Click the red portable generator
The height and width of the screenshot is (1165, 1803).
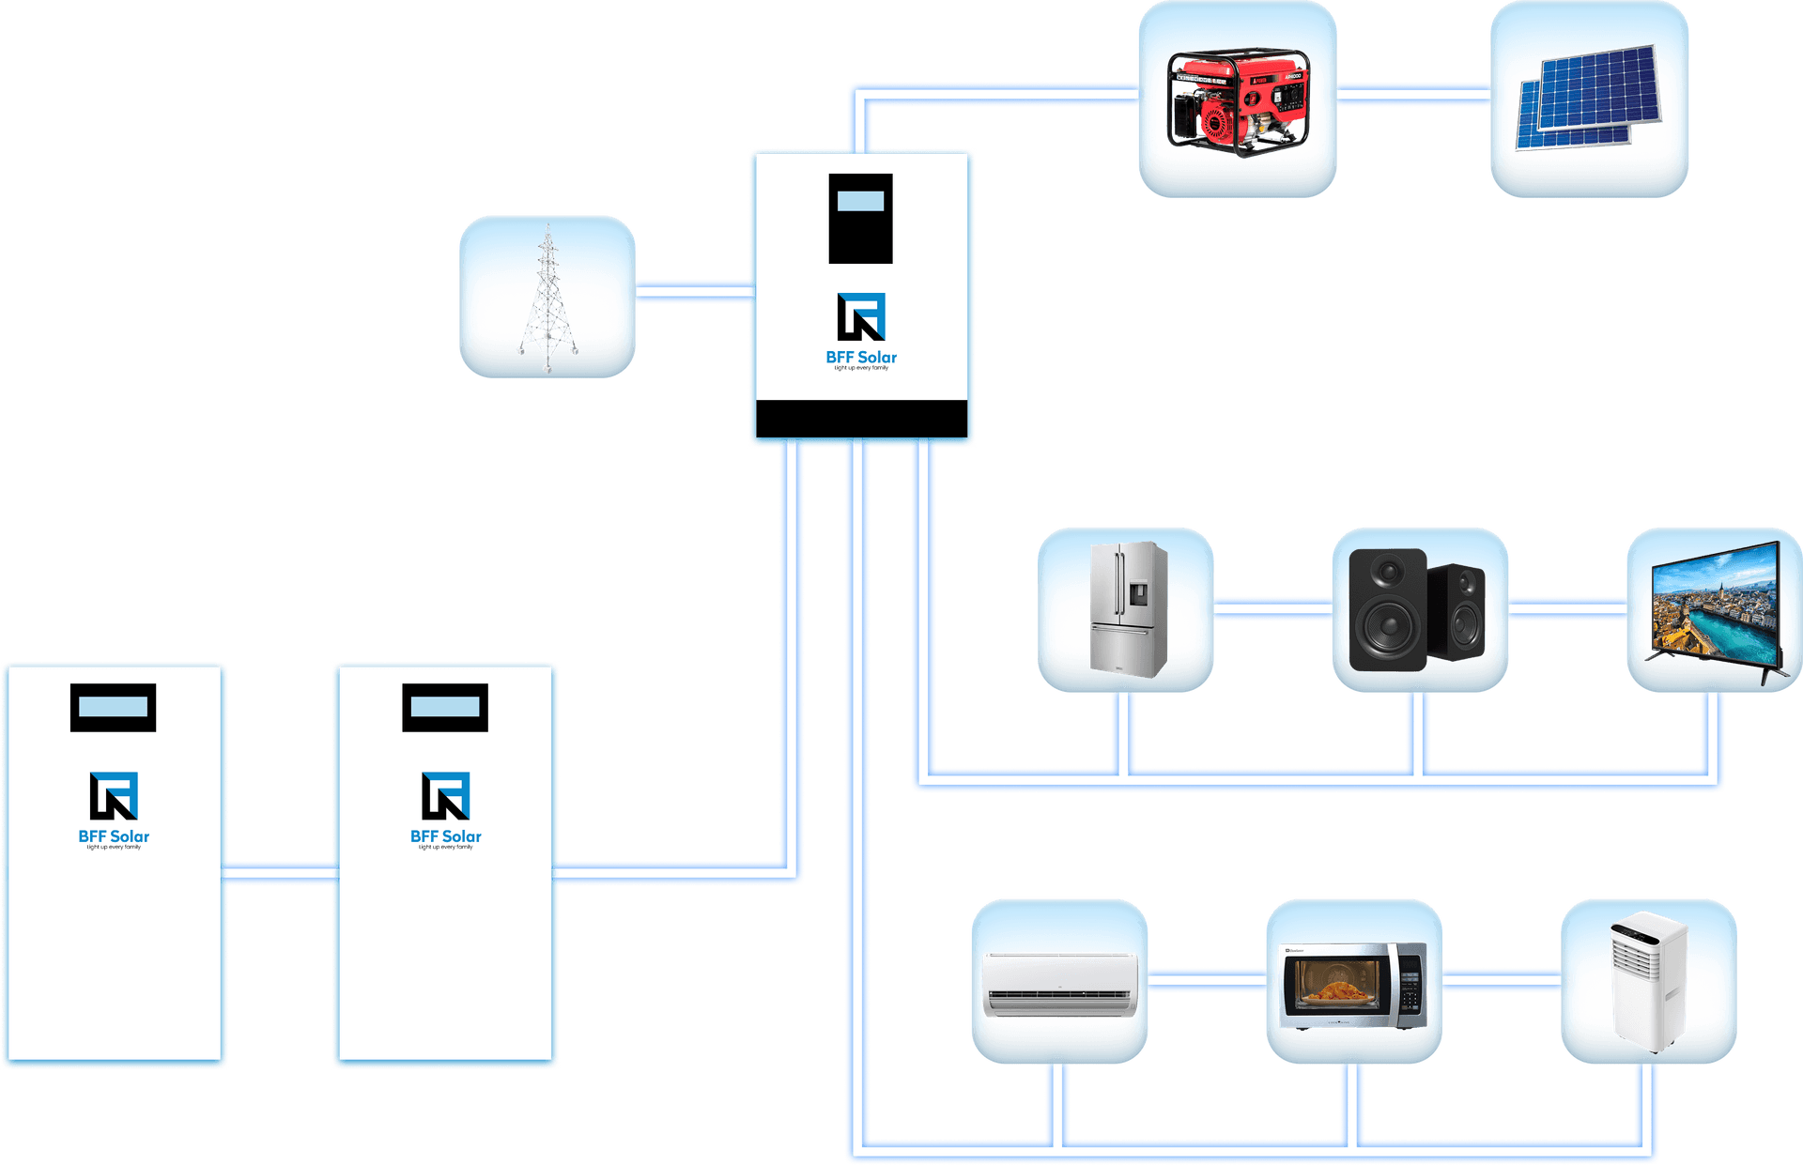1238,101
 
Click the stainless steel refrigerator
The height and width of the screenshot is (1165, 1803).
1127,607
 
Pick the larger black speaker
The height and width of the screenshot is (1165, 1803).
1389,610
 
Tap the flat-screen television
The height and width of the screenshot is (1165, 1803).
1715,608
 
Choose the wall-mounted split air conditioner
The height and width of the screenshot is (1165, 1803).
1059,984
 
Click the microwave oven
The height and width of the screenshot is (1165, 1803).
1353,986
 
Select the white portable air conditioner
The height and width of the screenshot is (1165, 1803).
1648,980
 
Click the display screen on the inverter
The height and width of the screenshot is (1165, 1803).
860,201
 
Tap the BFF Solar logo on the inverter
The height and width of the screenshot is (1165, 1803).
861,317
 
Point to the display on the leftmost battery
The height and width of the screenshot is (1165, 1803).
113,707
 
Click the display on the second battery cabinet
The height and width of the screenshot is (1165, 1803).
445,707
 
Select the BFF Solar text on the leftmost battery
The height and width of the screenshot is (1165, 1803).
114,836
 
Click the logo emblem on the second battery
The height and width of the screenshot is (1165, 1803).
445,795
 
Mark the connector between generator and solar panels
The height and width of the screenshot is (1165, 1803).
1413,94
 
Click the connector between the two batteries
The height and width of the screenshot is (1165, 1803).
280,874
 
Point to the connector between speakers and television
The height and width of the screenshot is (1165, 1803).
1567,609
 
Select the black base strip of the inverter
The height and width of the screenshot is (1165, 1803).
861,419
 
